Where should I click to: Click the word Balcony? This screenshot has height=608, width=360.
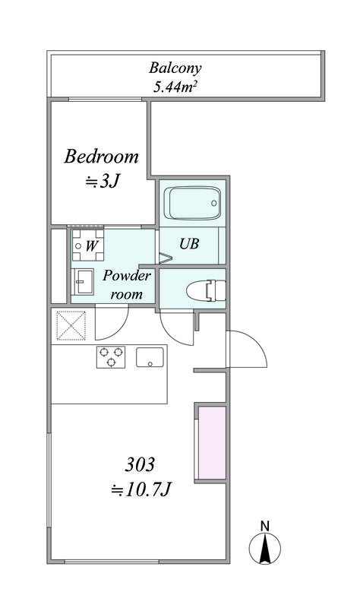coord(175,68)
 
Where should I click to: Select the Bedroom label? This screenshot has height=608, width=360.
coord(101,157)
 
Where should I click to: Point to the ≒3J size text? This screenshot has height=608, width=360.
coord(102,181)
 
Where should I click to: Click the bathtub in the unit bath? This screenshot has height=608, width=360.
coord(193,203)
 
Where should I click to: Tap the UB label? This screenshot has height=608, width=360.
coord(189,243)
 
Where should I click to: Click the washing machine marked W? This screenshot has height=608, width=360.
coord(88,245)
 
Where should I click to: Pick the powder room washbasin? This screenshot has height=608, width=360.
coord(83,282)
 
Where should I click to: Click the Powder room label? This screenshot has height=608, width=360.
coord(126,285)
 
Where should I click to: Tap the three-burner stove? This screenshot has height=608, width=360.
coord(111,356)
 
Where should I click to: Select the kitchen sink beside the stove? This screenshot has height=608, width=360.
coord(150,357)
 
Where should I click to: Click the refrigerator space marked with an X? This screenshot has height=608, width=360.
coord(71,326)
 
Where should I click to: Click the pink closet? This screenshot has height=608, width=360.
coord(212,443)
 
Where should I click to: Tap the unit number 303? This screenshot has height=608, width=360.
coord(140,464)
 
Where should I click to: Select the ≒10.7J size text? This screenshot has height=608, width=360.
coord(141,490)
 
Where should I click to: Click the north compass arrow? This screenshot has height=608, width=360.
coord(265,548)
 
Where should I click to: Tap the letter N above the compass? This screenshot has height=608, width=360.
coord(265,526)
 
